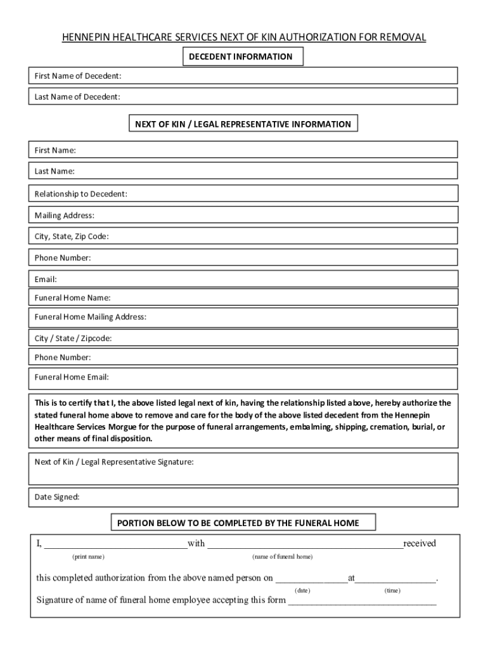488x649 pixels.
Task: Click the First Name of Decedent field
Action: [285, 76]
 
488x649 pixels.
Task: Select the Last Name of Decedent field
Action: [285, 96]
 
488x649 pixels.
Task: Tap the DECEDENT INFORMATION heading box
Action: [241, 57]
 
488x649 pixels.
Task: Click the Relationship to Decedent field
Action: [285, 193]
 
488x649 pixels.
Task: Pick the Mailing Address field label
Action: [65, 215]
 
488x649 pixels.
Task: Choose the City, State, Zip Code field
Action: [285, 236]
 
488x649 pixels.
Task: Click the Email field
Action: [254, 279]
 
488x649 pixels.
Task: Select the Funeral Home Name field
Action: [285, 297]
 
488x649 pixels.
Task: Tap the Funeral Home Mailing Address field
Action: [298, 317]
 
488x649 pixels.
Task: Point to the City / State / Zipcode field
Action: [285, 338]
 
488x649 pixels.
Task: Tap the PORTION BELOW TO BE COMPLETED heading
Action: [243, 523]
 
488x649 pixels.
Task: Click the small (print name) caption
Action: [88, 556]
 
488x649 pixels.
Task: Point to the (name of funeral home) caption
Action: [282, 556]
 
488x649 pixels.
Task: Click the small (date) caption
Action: [302, 590]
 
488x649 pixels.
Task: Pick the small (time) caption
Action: [392, 590]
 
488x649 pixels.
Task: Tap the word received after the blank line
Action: [420, 543]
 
